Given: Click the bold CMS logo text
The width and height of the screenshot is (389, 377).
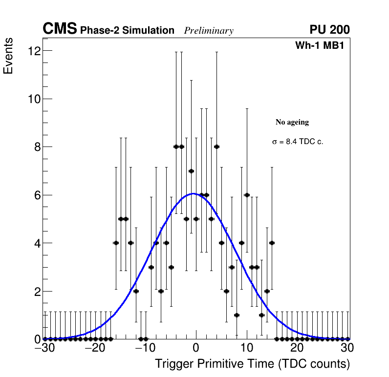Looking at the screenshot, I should click(60, 29).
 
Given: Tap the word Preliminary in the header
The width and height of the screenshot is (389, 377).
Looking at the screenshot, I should click(209, 31).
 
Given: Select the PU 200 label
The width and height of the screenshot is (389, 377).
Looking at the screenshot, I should click(329, 30).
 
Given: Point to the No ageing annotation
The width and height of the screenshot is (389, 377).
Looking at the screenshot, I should click(292, 122).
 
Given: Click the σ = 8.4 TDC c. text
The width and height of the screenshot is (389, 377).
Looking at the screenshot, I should click(298, 142).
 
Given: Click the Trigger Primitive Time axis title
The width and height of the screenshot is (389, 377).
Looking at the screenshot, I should click(252, 364).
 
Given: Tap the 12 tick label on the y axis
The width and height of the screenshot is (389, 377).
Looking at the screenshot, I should click(34, 51).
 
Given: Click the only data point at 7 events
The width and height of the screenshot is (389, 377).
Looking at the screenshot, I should click(191, 171).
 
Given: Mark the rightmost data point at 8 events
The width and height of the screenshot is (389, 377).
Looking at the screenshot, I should click(216, 147).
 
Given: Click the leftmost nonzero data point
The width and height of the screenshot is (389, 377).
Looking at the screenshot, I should click(116, 243).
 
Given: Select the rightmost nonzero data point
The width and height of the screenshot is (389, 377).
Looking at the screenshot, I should click(272, 243).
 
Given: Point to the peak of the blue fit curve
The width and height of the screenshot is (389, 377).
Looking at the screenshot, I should click(194, 194).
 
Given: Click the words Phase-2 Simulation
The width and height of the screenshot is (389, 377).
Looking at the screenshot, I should click(127, 31).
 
